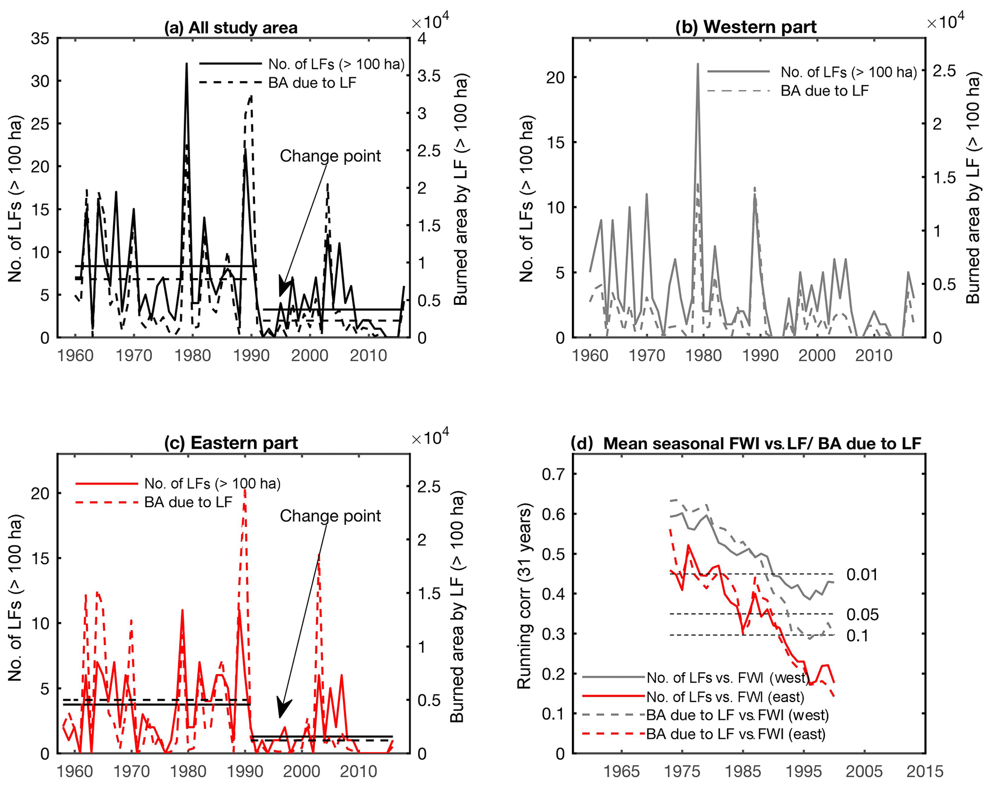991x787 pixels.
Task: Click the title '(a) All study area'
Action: click(x=231, y=28)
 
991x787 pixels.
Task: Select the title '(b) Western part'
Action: click(x=746, y=27)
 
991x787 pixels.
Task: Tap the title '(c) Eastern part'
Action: click(x=231, y=443)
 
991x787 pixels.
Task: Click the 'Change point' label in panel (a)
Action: click(x=330, y=156)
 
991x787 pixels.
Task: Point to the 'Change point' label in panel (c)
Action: click(x=330, y=516)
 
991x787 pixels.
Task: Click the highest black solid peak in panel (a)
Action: click(x=187, y=64)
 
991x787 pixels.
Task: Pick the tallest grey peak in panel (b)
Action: click(x=698, y=64)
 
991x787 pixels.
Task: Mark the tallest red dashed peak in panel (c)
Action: click(x=245, y=490)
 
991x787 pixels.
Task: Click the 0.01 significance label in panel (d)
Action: click(x=862, y=574)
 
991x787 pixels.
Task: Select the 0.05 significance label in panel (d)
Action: click(x=862, y=614)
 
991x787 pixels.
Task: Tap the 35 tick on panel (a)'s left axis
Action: click(x=40, y=39)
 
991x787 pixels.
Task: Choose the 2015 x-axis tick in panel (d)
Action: click(x=925, y=772)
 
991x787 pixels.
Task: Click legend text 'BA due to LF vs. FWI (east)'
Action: click(x=735, y=734)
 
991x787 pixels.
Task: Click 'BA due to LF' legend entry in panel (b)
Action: click(x=824, y=91)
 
